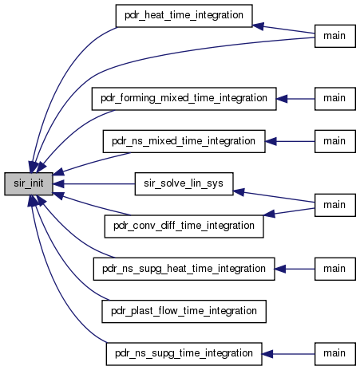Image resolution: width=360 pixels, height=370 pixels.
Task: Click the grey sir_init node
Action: pyautogui.click(x=29, y=183)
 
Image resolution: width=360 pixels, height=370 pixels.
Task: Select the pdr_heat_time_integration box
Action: pyautogui.click(x=184, y=16)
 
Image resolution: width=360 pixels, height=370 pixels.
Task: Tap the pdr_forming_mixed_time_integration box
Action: pyautogui.click(x=184, y=99)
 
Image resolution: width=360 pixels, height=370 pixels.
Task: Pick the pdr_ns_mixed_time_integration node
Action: pyautogui.click(x=184, y=141)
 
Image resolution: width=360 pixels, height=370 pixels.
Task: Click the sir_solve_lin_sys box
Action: pyautogui.click(x=184, y=183)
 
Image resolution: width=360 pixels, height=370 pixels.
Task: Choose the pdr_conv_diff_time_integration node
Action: pyautogui.click(x=184, y=226)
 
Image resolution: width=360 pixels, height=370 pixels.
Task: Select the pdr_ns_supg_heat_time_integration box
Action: pyautogui.click(x=184, y=269)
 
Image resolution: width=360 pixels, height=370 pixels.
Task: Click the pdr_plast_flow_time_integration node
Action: pyautogui.click(x=184, y=311)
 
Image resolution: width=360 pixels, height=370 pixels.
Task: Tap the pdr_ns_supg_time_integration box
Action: pyautogui.click(x=184, y=354)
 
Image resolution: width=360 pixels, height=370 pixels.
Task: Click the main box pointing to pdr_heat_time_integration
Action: pyautogui.click(x=335, y=36)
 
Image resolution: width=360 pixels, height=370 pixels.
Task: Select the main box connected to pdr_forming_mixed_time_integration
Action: pyautogui.click(x=335, y=99)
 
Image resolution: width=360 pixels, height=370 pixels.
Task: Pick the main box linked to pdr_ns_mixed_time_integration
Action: pyautogui.click(x=335, y=141)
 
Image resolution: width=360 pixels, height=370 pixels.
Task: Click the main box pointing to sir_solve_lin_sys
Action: pyautogui.click(x=335, y=205)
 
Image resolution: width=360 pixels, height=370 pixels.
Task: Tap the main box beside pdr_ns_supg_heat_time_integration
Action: pyautogui.click(x=335, y=269)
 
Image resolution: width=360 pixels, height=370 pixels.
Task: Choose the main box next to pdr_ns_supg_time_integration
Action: pyautogui.click(x=335, y=354)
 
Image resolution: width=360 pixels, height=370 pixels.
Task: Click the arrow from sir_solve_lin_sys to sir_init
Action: pyautogui.click(x=94, y=183)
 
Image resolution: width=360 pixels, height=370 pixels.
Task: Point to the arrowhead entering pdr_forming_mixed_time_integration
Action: pyautogui.click(x=282, y=99)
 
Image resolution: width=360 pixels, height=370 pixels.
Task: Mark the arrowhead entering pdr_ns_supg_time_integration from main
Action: pyautogui.click(x=267, y=354)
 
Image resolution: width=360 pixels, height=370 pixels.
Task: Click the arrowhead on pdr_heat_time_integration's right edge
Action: pyautogui.click(x=258, y=26)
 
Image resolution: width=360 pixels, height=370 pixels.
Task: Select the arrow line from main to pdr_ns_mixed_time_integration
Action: pyautogui.click(x=290, y=141)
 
